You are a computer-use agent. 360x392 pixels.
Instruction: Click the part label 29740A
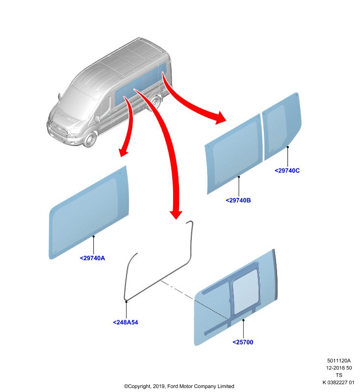(92, 258)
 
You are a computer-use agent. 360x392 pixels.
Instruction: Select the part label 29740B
(238, 200)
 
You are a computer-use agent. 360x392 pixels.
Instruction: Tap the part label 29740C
(287, 171)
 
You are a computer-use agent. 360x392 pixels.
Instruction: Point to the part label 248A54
(126, 322)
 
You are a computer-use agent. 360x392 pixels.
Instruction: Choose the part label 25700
(243, 342)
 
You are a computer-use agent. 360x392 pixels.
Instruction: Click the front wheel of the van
(90, 140)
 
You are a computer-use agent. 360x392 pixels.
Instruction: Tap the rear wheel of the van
(155, 102)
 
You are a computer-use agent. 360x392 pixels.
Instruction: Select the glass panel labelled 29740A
(88, 213)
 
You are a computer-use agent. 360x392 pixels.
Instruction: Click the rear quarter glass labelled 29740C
(282, 126)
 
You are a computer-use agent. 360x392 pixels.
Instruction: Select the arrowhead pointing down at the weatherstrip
(176, 214)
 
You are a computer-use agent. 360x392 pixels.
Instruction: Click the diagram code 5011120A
(339, 361)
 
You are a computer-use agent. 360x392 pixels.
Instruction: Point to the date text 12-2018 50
(339, 368)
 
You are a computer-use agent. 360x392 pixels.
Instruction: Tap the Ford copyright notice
(179, 386)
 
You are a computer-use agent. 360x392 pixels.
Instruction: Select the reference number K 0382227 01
(338, 382)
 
